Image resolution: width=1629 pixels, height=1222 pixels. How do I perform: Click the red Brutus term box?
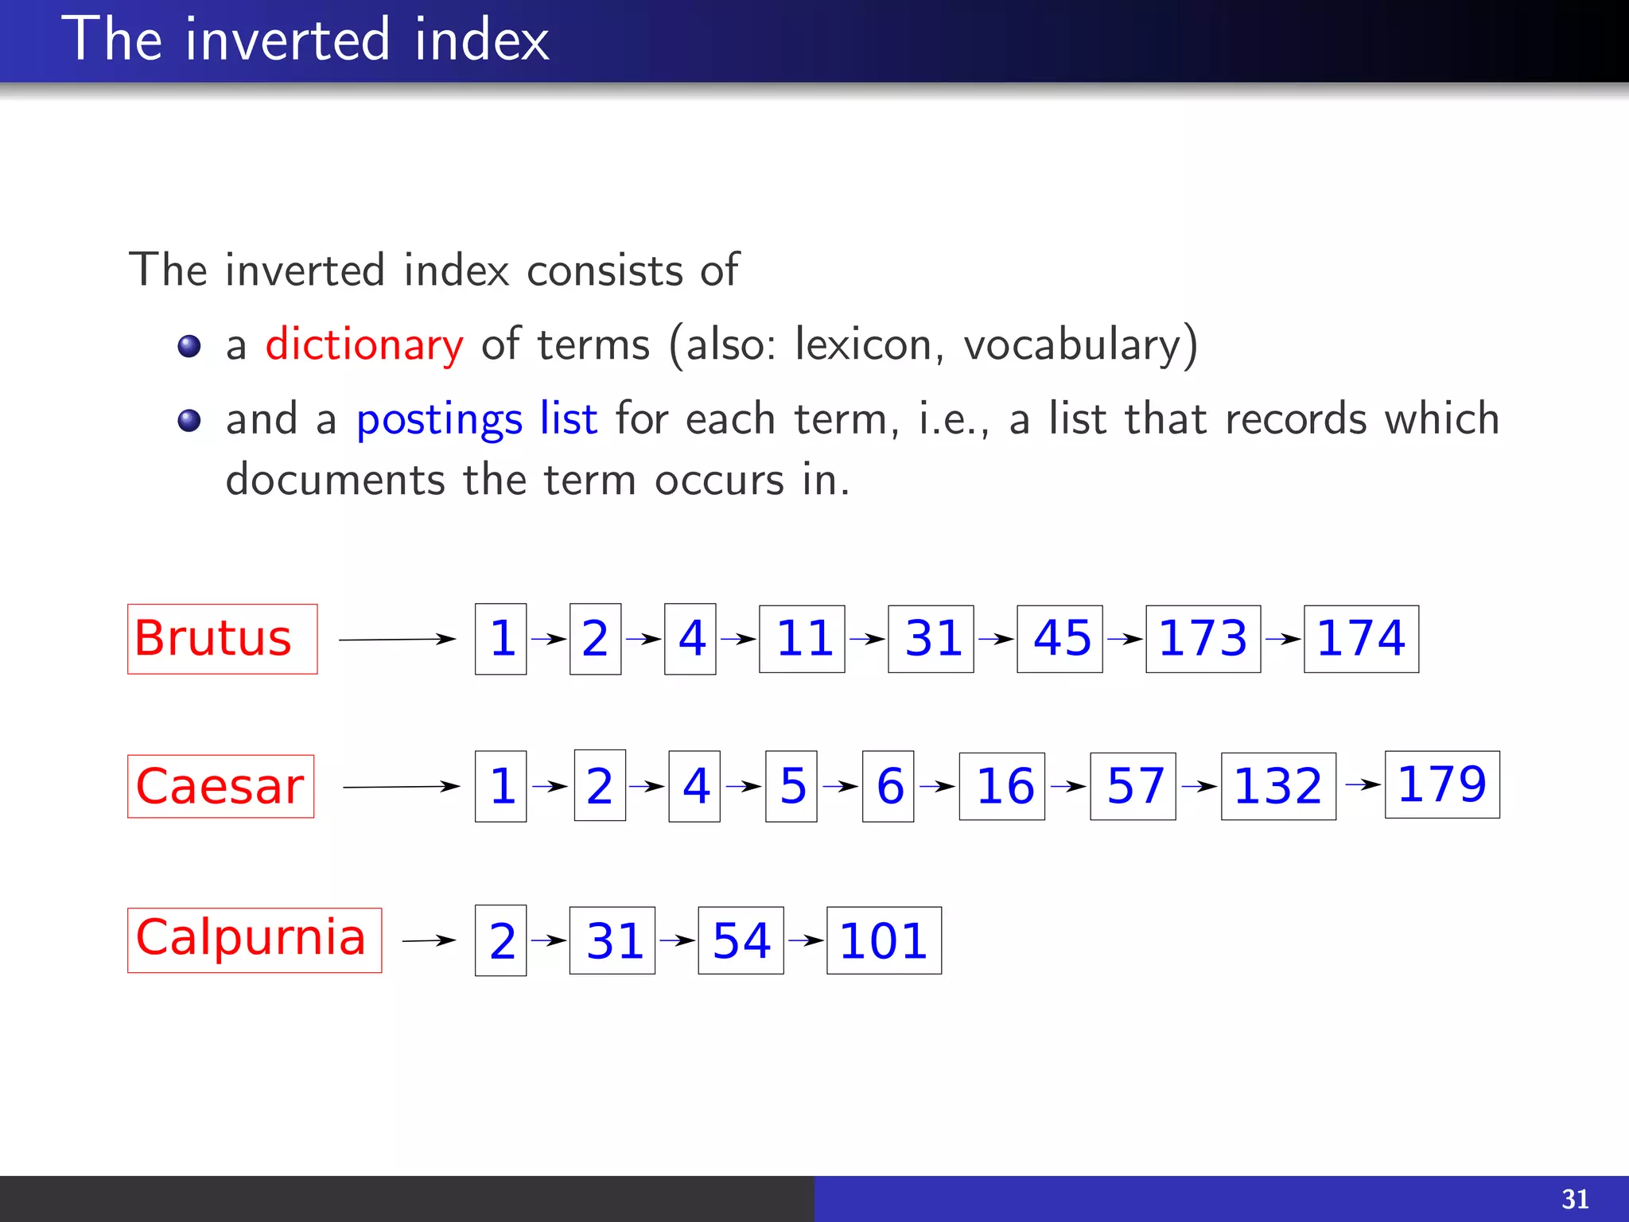(222, 639)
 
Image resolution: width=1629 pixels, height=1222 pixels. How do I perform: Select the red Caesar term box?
(220, 786)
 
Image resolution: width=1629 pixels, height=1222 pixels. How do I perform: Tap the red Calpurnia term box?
(254, 940)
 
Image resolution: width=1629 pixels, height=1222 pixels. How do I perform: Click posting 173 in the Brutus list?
(1202, 639)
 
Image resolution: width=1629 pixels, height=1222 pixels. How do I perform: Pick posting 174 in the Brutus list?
(1360, 639)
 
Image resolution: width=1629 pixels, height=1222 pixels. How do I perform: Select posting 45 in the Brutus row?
(1059, 639)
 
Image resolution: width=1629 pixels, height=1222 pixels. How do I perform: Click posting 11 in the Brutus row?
(801, 639)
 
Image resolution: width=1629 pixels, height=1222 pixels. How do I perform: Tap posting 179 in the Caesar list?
(1441, 784)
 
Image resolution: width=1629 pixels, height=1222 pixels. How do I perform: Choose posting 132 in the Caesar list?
(1277, 786)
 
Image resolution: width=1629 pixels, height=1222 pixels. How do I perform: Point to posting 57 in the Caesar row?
(1132, 786)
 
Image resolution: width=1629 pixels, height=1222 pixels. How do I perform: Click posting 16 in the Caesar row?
(1001, 786)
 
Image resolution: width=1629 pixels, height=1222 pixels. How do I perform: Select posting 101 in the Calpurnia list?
(883, 940)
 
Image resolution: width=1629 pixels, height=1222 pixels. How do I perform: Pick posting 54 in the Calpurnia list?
(740, 940)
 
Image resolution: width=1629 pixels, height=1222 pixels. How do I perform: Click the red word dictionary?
(364, 345)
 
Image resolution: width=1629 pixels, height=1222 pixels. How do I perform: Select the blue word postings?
(438, 419)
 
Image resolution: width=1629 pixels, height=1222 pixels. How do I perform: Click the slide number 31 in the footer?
(1574, 1199)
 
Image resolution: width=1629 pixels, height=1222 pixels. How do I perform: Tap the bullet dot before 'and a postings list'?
(189, 420)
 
